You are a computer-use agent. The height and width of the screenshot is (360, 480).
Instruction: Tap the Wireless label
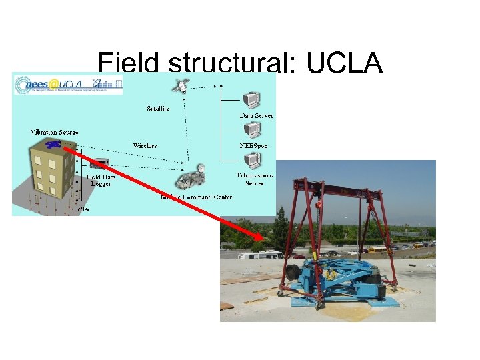[145, 145]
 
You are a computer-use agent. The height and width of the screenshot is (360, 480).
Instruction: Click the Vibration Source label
[54, 132]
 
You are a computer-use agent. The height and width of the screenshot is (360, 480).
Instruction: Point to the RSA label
[82, 209]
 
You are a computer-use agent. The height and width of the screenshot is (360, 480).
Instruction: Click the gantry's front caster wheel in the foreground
[319, 305]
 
